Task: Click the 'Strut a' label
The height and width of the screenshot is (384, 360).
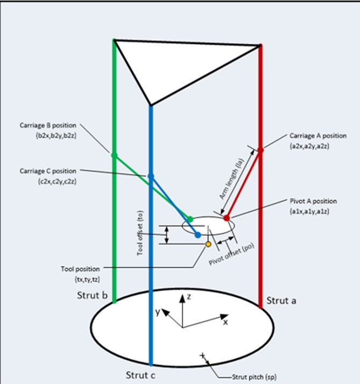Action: (281, 301)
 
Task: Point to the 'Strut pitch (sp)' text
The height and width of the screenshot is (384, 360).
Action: (255, 376)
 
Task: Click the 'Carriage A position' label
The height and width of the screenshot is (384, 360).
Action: (318, 135)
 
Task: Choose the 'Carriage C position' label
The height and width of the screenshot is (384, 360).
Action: (48, 171)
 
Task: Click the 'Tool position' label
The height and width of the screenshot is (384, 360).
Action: (80, 268)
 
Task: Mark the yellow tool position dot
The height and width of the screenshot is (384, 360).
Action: (208, 245)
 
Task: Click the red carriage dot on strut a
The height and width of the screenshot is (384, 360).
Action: (260, 150)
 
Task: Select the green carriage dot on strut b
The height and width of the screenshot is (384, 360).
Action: (114, 155)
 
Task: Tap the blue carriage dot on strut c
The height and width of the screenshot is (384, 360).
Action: (151, 176)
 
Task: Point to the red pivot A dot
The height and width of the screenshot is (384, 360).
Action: (227, 218)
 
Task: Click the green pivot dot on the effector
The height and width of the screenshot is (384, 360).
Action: (189, 219)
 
